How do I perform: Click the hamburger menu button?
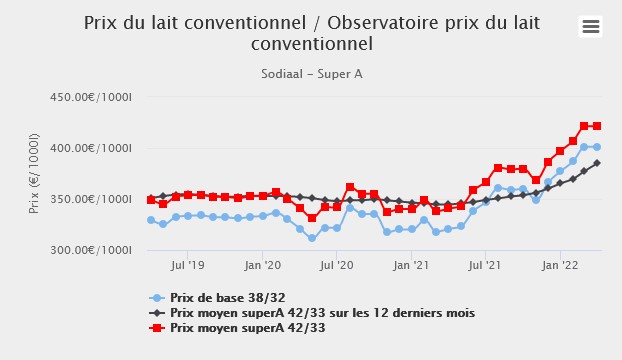pos(591,27)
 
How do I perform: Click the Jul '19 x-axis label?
pos(188,266)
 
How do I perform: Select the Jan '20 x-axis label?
pos(262,266)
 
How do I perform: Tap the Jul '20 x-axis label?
pos(337,266)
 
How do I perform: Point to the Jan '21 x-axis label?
pos(411,266)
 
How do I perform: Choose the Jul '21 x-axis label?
pos(486,266)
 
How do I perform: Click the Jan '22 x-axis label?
pos(560,266)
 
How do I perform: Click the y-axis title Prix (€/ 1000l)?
pos(34,173)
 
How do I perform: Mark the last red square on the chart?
pos(597,126)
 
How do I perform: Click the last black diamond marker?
pos(597,163)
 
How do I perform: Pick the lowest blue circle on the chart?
pos(312,238)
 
